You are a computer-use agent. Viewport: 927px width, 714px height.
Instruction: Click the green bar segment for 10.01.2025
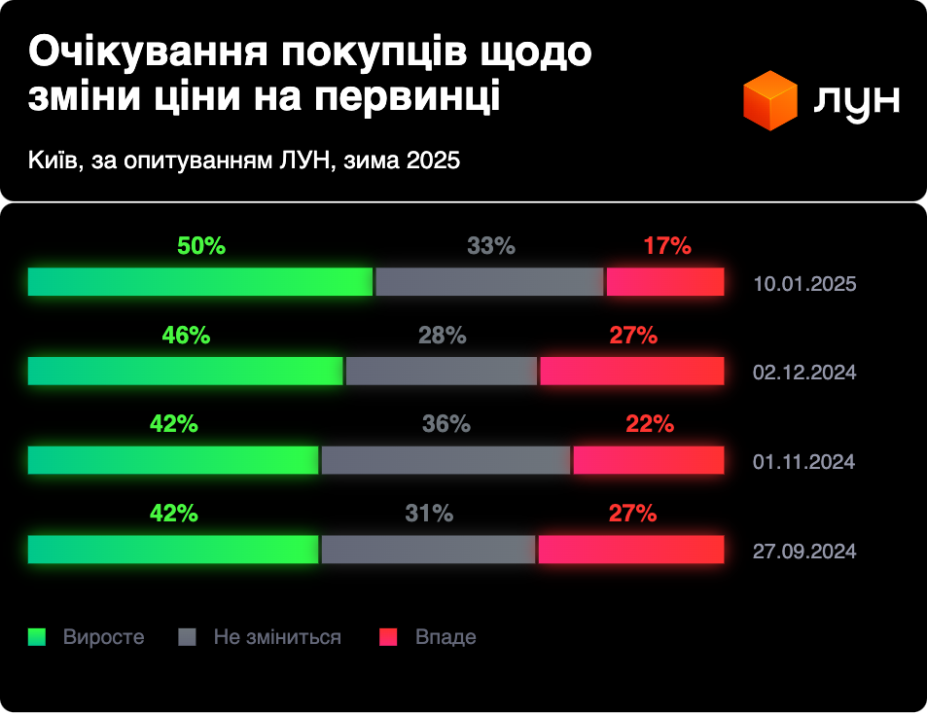tap(200, 281)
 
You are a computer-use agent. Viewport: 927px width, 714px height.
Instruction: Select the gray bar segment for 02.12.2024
tap(442, 371)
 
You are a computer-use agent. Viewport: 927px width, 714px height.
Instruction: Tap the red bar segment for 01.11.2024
tap(649, 460)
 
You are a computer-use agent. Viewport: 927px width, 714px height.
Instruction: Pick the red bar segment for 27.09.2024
tap(631, 550)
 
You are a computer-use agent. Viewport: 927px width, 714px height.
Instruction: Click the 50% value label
tap(201, 246)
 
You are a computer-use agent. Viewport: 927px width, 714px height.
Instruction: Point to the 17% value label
tap(666, 246)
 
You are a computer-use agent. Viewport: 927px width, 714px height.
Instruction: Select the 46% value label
tap(186, 336)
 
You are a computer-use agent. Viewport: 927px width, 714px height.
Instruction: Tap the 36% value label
tap(446, 424)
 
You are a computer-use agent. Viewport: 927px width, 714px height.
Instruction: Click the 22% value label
tap(650, 424)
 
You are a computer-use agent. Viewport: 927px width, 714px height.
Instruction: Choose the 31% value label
tap(429, 514)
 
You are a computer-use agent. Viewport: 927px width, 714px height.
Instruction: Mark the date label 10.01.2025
tap(804, 285)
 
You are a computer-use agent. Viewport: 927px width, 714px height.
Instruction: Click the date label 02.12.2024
tap(804, 373)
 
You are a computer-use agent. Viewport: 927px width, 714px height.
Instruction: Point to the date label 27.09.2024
tap(804, 552)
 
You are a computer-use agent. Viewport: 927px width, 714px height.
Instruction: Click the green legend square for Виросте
tap(37, 637)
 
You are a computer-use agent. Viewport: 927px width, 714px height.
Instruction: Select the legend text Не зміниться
tap(277, 637)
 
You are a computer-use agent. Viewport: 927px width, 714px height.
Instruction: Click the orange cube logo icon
tap(769, 100)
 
